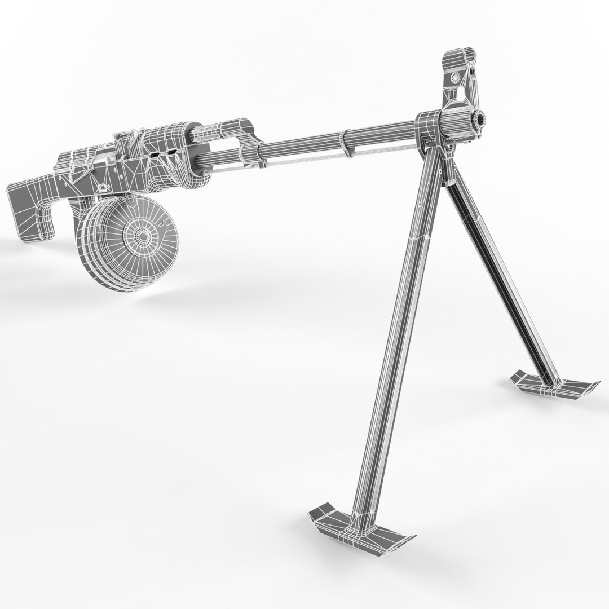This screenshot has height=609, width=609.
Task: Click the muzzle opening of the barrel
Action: point(480,119)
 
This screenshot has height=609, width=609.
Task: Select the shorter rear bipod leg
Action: point(496,271)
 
